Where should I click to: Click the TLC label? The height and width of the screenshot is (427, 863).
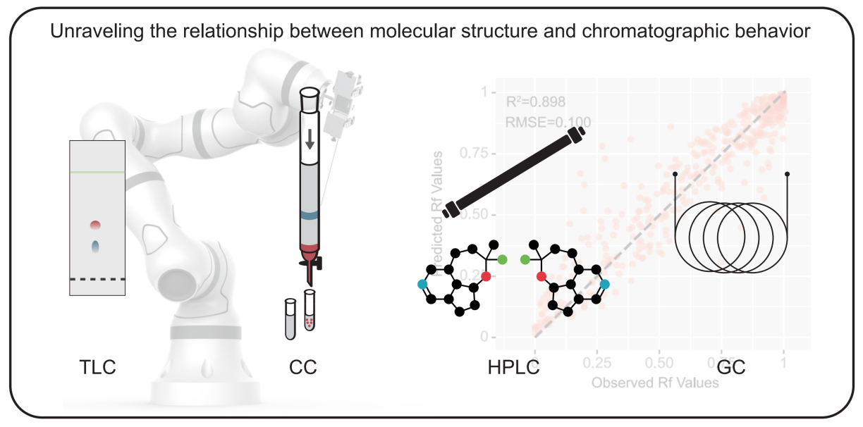pyautogui.click(x=97, y=367)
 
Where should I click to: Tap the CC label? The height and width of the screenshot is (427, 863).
pyautogui.click(x=302, y=367)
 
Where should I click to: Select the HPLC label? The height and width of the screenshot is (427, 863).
pyautogui.click(x=513, y=367)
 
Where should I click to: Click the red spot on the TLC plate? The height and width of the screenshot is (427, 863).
pyautogui.click(x=96, y=225)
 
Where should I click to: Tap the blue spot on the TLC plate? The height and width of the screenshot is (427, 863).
pyautogui.click(x=96, y=247)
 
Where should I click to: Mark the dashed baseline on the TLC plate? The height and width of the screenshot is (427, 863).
pyautogui.click(x=97, y=279)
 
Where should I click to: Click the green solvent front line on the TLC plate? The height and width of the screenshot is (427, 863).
pyautogui.click(x=97, y=173)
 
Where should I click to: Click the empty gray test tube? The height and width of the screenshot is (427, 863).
pyautogui.click(x=289, y=318)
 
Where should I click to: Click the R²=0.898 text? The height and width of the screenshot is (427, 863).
pyautogui.click(x=536, y=101)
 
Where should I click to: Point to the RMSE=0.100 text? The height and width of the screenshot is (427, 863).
pyautogui.click(x=548, y=123)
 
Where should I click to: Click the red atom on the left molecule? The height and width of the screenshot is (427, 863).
pyautogui.click(x=485, y=275)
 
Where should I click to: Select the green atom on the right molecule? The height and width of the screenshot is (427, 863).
pyautogui.click(x=525, y=260)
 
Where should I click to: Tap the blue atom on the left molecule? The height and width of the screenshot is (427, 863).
pyautogui.click(x=422, y=284)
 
